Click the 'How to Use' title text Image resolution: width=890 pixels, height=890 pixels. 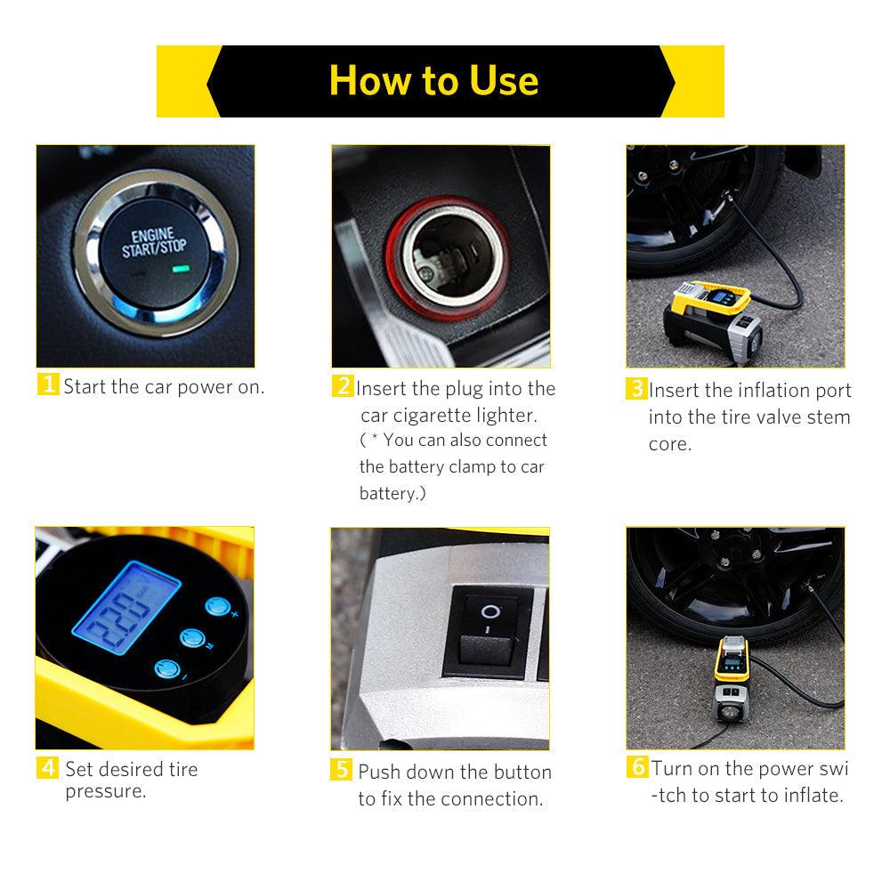pyautogui.click(x=433, y=81)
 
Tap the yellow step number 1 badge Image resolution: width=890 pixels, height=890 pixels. pyautogui.click(x=48, y=384)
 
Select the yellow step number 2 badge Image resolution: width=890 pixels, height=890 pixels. pyautogui.click(x=343, y=386)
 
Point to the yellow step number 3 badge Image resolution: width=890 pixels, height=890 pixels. pyautogui.click(x=637, y=388)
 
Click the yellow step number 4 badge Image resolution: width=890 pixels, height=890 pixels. pyautogui.click(x=47, y=767)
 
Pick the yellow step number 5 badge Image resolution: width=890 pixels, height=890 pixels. pyautogui.click(x=341, y=770)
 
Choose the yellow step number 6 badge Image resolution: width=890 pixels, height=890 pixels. pyautogui.click(x=637, y=766)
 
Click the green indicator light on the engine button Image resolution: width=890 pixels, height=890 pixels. pyautogui.click(x=181, y=269)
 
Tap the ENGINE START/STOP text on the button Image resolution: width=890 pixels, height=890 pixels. pyautogui.click(x=154, y=243)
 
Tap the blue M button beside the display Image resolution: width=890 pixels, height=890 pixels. pyautogui.click(x=192, y=638)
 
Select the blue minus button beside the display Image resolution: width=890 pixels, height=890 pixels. pyautogui.click(x=167, y=669)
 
